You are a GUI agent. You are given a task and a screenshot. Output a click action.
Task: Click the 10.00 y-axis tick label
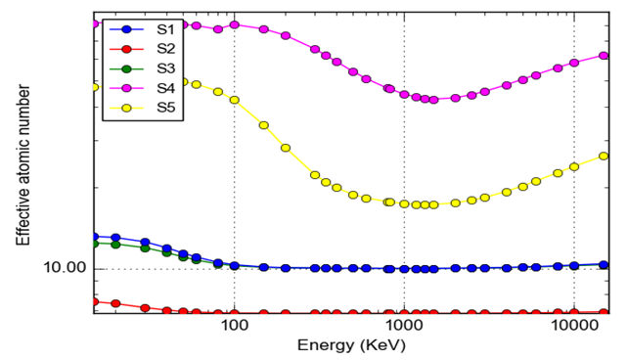[x=64, y=268]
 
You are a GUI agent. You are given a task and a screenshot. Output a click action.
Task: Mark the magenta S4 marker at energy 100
[x=234, y=24]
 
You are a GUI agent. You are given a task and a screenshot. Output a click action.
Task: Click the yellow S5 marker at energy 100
[x=234, y=99]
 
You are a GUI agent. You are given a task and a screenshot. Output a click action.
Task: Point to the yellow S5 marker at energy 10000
[x=574, y=166]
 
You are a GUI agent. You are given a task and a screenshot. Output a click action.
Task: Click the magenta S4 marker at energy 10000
[x=574, y=63]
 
